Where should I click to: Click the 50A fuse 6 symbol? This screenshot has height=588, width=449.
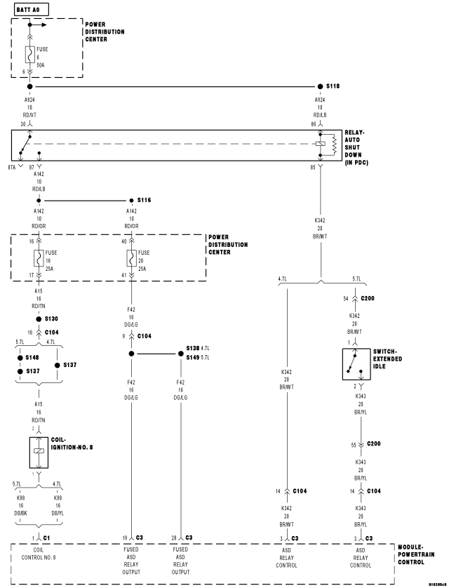click(x=29, y=53)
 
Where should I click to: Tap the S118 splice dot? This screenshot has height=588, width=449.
click(x=321, y=86)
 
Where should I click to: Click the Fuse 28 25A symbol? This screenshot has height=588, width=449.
click(x=131, y=258)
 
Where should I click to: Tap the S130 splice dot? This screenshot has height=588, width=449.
click(x=39, y=318)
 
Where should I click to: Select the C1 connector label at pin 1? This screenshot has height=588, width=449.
click(x=46, y=537)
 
